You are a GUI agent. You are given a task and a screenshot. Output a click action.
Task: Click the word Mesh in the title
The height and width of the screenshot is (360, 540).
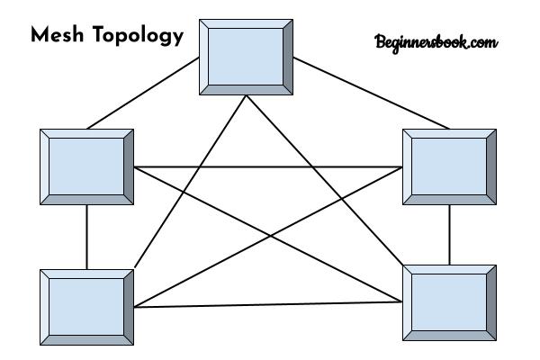point(58,34)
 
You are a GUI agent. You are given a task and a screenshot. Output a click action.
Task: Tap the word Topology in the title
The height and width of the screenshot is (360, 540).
point(138,36)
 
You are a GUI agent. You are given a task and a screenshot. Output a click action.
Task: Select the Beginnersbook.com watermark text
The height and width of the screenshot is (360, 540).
point(436,43)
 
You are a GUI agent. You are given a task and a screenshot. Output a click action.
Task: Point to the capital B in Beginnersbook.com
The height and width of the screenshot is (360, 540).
point(380,41)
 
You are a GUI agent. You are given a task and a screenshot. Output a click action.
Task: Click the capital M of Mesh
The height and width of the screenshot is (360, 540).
point(40,35)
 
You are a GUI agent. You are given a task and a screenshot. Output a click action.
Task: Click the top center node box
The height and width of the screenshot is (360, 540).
point(247,58)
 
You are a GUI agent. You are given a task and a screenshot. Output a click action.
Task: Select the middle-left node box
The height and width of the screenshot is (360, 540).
point(86,167)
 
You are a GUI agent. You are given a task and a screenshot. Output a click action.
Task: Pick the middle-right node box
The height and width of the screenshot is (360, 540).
point(449,167)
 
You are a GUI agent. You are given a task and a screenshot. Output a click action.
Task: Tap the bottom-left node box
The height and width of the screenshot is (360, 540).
point(86,307)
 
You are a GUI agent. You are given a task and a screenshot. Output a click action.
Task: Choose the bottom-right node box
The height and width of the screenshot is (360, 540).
point(449,302)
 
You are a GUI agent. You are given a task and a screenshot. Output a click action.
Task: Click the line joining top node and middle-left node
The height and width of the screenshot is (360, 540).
point(143,93)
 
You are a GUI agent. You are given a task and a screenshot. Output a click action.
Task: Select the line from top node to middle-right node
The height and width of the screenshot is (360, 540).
point(371,93)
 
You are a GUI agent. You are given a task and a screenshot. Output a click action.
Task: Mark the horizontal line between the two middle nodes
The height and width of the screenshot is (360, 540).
point(268,167)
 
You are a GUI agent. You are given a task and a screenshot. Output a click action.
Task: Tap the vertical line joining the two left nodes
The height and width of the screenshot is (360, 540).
point(86,237)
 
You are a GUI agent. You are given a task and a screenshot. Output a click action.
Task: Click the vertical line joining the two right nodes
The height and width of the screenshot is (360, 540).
point(449,235)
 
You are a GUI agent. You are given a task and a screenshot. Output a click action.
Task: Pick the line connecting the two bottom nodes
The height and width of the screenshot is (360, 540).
point(268,304)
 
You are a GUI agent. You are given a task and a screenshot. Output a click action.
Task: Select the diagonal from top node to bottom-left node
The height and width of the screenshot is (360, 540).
point(191,181)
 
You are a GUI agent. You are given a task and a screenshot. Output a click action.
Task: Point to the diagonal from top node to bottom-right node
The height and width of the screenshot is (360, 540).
point(324,180)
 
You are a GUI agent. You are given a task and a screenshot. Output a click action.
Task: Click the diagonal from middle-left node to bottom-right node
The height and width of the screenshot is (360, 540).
point(268,235)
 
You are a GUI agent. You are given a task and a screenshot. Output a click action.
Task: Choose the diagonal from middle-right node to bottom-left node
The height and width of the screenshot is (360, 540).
point(268,237)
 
